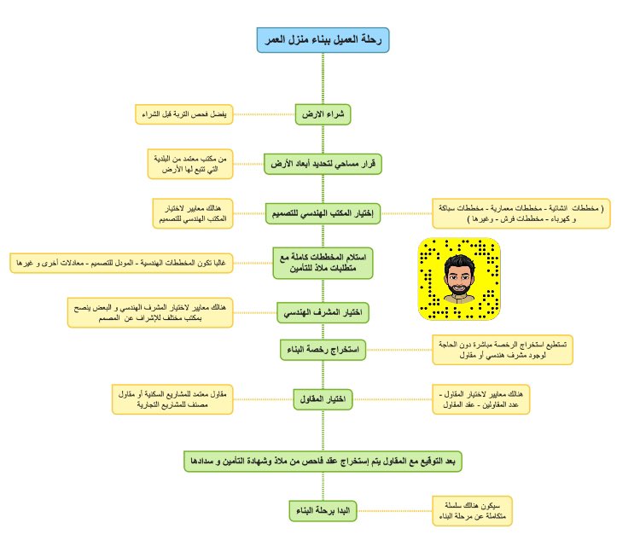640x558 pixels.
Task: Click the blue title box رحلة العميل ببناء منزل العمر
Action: tap(323, 39)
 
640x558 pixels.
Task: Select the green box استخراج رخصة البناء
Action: tap(323, 349)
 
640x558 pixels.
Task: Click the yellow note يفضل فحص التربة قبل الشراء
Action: tap(184, 113)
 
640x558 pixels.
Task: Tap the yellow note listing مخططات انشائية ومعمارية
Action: tap(521, 213)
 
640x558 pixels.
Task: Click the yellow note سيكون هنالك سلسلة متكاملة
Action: tap(471, 511)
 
